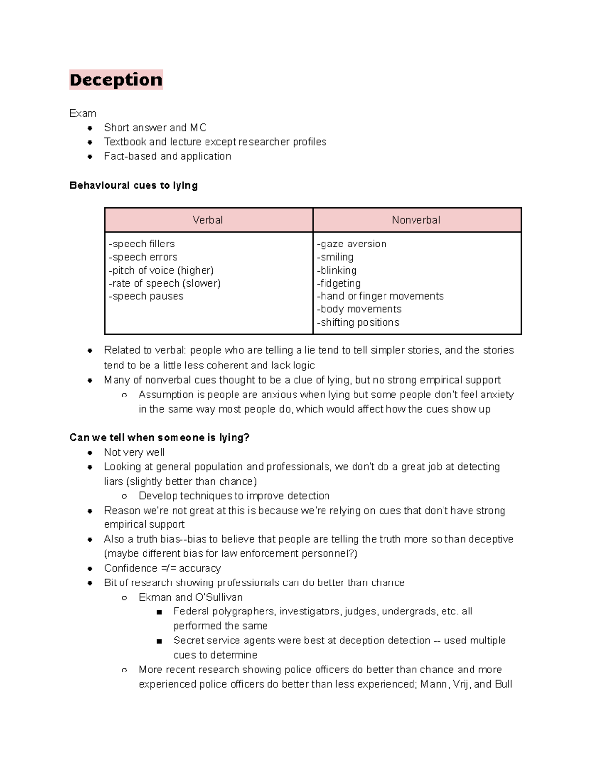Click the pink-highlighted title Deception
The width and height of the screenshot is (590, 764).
point(116,80)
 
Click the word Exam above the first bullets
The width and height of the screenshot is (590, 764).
point(83,113)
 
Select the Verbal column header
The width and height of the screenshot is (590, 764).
point(207,220)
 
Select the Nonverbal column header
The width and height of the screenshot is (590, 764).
point(416,220)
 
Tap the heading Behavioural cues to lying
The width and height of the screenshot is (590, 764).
point(133,185)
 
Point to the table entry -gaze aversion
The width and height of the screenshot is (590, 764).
point(352,244)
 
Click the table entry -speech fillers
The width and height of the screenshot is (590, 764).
point(142,244)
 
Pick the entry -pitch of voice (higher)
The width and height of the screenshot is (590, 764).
point(161,270)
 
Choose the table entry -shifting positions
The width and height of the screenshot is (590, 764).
point(358,322)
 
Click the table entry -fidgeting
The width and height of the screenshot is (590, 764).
point(339,283)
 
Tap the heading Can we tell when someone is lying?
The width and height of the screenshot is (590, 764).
point(159,438)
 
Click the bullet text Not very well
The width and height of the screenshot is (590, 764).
point(134,452)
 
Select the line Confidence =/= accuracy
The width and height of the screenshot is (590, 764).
point(162,568)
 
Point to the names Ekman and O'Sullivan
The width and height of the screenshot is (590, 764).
point(190,597)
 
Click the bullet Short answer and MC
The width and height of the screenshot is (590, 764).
point(155,128)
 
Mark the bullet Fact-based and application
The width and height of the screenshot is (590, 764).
point(167,156)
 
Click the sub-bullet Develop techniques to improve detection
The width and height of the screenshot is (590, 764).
point(234,496)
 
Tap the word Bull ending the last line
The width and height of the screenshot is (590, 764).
point(503,684)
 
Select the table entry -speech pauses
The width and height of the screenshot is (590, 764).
point(146,296)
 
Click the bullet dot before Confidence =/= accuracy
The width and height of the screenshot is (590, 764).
point(90,569)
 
